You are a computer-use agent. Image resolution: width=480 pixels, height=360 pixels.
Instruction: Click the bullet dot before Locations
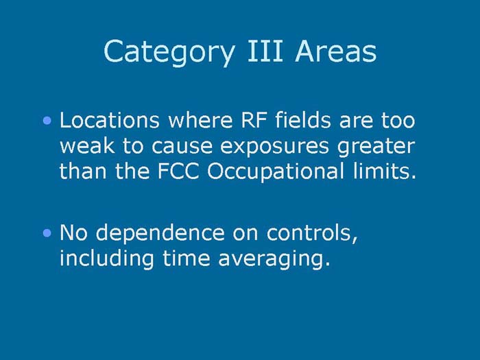click(x=47, y=121)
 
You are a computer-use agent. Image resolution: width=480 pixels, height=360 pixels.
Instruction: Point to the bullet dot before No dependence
click(x=47, y=234)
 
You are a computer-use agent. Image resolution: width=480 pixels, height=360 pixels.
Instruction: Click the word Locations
click(x=109, y=121)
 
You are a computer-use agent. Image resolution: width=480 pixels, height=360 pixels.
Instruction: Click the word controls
click(x=311, y=234)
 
